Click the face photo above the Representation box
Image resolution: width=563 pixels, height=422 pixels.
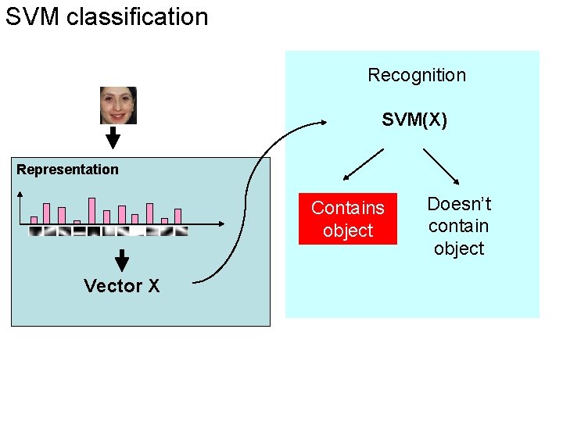(118, 105)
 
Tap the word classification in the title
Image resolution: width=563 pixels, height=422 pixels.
(138, 16)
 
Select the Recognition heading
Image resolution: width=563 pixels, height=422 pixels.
(416, 75)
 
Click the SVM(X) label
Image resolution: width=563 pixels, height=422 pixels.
(414, 120)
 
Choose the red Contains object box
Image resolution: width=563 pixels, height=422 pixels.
(348, 219)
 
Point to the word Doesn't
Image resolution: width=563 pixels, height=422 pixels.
(459, 204)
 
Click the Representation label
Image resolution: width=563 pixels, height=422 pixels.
(67, 170)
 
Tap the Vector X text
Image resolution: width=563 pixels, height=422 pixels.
(121, 286)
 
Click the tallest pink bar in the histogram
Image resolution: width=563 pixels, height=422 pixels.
(91, 210)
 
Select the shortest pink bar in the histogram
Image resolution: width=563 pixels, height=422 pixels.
(77, 222)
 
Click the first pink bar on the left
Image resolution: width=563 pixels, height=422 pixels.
(34, 220)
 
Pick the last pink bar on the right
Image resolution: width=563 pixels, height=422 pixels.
(178, 216)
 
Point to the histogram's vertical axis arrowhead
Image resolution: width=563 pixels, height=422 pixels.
(20, 196)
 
